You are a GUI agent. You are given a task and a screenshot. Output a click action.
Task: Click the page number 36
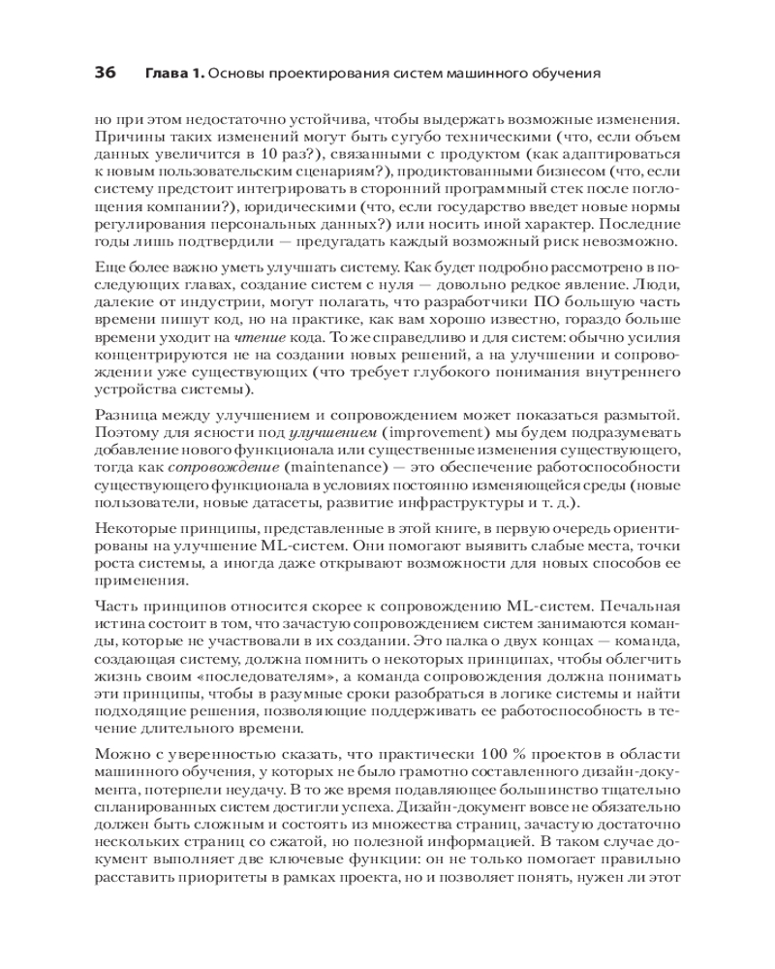pos(105,73)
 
